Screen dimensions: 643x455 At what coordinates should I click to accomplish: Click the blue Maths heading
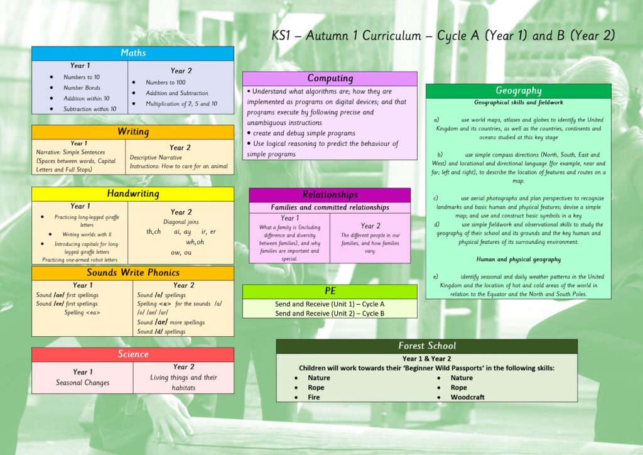[133, 53]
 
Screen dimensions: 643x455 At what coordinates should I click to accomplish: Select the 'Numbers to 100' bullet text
[165, 82]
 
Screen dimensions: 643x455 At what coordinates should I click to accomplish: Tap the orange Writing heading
[133, 132]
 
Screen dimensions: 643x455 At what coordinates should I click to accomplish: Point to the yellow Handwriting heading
[133, 194]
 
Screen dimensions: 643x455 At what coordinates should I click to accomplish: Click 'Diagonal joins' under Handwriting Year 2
[181, 222]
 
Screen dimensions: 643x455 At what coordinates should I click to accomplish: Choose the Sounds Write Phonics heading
[133, 273]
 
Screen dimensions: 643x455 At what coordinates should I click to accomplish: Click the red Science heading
[133, 354]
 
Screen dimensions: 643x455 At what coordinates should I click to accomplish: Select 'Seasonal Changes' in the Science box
[82, 383]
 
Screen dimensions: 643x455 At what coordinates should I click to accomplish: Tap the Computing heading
[330, 79]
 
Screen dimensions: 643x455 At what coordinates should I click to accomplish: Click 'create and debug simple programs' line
[304, 133]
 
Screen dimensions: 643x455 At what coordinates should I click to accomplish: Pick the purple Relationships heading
[330, 195]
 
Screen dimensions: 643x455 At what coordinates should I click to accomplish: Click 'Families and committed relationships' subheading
[330, 207]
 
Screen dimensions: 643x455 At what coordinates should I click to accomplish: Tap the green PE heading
[330, 292]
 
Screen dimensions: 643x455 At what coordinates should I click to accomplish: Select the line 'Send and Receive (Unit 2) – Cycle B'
[330, 314]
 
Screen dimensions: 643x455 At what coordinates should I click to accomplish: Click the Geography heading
[518, 90]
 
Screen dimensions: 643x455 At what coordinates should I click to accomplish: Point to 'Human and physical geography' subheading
[518, 260]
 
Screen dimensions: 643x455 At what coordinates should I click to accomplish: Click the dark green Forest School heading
[427, 346]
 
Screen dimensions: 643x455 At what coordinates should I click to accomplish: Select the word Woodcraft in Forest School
[467, 397]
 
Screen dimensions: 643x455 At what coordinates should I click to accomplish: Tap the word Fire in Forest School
[314, 397]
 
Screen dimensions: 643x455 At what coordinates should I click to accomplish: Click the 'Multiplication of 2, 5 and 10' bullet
[181, 104]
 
